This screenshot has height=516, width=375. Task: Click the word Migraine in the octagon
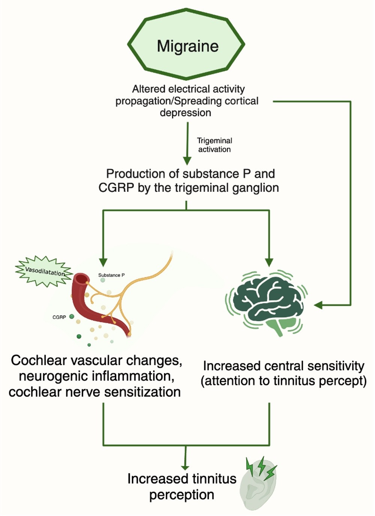point(187,46)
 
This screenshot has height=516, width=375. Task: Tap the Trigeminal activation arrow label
point(214,145)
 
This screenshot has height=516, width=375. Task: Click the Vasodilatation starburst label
point(45,271)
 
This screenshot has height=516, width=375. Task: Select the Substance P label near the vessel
point(111,275)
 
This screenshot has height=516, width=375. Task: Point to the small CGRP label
point(59,317)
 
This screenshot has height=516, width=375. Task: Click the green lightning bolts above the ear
point(261,467)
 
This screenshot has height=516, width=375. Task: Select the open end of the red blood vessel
point(80,280)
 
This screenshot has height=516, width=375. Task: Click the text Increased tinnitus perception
point(182,486)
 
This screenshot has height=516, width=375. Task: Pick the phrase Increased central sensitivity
point(283,366)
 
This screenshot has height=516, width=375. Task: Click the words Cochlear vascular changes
point(96,360)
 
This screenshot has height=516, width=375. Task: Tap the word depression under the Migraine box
point(185,113)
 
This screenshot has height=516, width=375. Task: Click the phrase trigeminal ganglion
point(227,188)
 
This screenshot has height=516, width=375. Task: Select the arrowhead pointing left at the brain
point(318,305)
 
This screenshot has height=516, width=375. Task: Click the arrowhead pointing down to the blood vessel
point(103,262)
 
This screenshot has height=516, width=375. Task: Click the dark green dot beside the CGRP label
point(71,317)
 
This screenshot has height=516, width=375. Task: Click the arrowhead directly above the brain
point(269,262)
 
